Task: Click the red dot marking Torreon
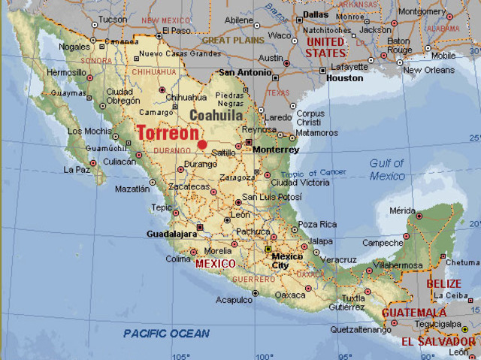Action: point(202,144)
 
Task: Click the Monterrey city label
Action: point(276,150)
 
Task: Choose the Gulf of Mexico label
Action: point(387,169)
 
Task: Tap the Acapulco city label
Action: point(234,299)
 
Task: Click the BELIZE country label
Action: point(443,283)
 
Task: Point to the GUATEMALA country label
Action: point(414,313)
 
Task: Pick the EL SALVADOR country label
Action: point(438,341)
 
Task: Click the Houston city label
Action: point(345,77)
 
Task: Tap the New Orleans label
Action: point(430,70)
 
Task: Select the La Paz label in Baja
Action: point(77,170)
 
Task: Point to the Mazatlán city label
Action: point(132,189)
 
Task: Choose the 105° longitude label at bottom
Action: point(181,355)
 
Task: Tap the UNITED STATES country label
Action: point(325,47)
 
